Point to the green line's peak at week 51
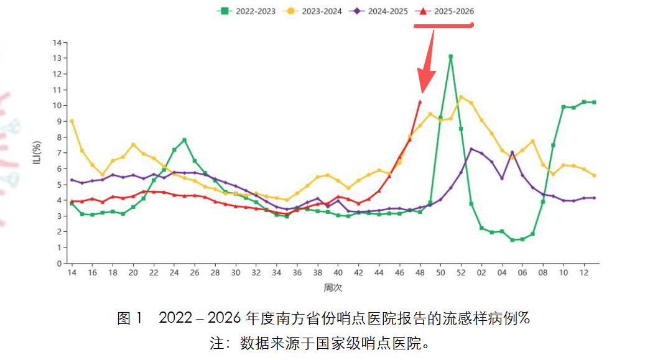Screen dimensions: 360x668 [x=450, y=57]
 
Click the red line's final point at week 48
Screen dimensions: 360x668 [x=420, y=101]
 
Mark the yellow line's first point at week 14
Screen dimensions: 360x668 [x=72, y=121]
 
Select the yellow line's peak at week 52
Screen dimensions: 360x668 [x=461, y=96]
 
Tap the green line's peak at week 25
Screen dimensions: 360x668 [x=185, y=140]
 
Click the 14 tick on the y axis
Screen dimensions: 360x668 [x=57, y=43]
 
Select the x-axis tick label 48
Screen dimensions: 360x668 [x=420, y=273]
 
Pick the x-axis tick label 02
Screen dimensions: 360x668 [x=481, y=273]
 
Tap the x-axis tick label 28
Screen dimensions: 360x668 [x=215, y=273]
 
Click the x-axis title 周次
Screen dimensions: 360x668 [x=333, y=288]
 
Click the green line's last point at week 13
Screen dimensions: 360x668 [x=594, y=102]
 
